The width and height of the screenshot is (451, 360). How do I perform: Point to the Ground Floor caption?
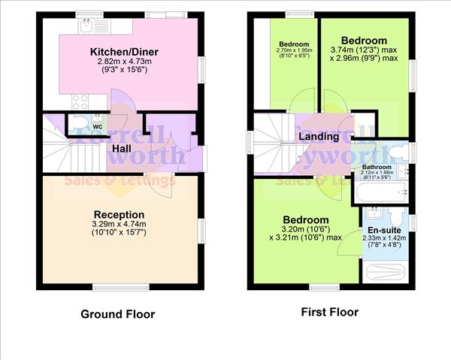pos(118,314)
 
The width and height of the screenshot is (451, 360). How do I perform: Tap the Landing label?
pos(313,137)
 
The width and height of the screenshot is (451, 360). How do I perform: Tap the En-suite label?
pos(384,230)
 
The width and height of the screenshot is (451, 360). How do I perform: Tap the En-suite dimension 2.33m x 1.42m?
pos(384,238)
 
